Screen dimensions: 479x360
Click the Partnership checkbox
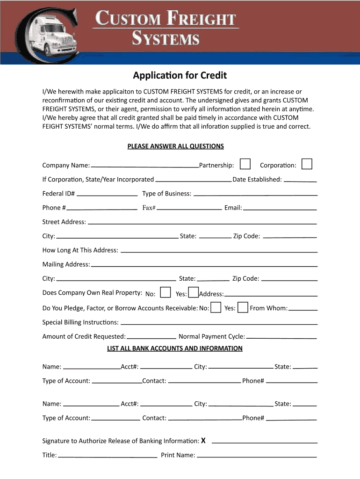click(x=245, y=164)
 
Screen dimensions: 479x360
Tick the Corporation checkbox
click(x=307, y=164)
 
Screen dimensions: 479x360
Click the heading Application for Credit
click(x=180, y=75)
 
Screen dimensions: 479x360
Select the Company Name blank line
click(x=145, y=166)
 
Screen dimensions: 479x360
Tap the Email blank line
click(x=280, y=208)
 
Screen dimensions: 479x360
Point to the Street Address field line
click(x=202, y=223)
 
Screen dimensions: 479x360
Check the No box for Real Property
click(x=165, y=292)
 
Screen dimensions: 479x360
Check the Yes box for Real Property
click(x=193, y=292)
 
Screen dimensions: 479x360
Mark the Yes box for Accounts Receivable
click(x=243, y=307)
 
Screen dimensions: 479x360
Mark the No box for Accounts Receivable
click(x=216, y=307)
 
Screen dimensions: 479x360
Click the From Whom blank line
click(x=303, y=309)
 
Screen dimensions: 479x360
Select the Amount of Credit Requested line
click(x=151, y=337)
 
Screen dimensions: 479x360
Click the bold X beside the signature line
click(x=203, y=441)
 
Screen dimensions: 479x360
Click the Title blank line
click(x=108, y=456)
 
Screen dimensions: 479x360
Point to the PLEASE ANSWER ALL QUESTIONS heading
click(x=176, y=146)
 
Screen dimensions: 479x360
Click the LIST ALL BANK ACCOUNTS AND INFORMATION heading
click(x=175, y=348)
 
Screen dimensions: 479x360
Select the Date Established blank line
click(x=300, y=181)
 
